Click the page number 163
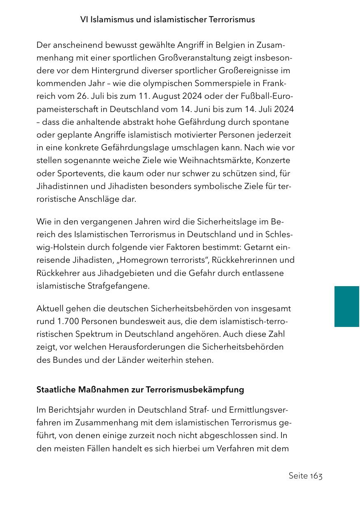click(x=316, y=476)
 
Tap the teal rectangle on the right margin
click(x=347, y=306)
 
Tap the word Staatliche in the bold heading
click(x=54, y=390)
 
